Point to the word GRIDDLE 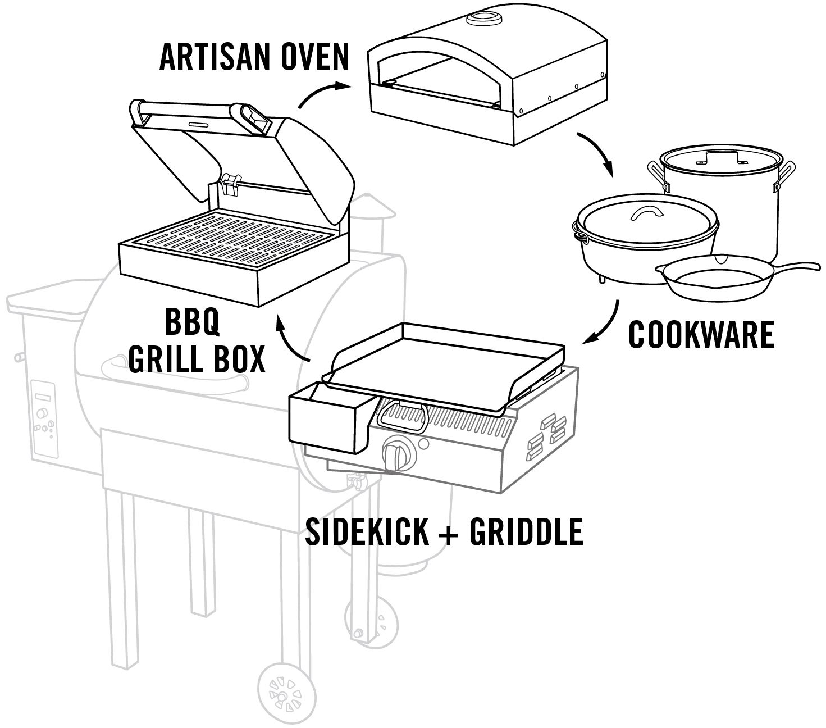pos(526,531)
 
